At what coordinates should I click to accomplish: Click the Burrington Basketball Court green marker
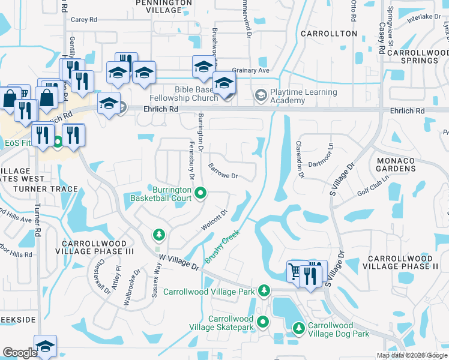click(x=202, y=193)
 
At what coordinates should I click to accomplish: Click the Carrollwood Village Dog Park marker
click(x=299, y=328)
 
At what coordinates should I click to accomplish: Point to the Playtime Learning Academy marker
click(x=261, y=95)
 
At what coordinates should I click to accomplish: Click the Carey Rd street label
click(x=83, y=20)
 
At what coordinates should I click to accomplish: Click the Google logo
click(x=20, y=353)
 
